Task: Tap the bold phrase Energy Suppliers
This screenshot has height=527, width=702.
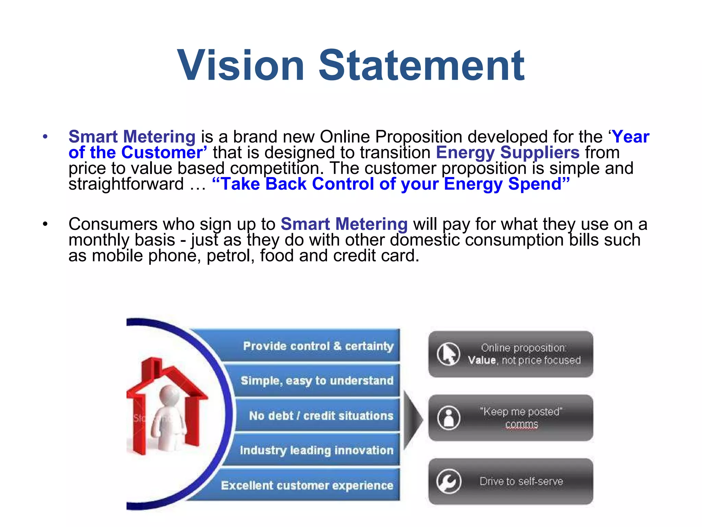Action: click(508, 152)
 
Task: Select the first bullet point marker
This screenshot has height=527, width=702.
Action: click(45, 137)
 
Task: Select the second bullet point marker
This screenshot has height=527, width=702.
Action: click(45, 224)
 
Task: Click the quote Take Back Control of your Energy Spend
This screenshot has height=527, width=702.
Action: click(391, 184)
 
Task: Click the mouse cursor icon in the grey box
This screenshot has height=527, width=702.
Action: click(448, 354)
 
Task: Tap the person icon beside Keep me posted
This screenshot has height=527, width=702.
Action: click(448, 418)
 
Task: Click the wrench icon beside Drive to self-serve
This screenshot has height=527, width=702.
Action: click(448, 481)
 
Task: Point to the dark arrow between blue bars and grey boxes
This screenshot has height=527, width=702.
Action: click(412, 419)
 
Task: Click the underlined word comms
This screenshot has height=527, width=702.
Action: click(521, 424)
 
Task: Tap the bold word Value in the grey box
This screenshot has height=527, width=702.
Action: click(482, 360)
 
